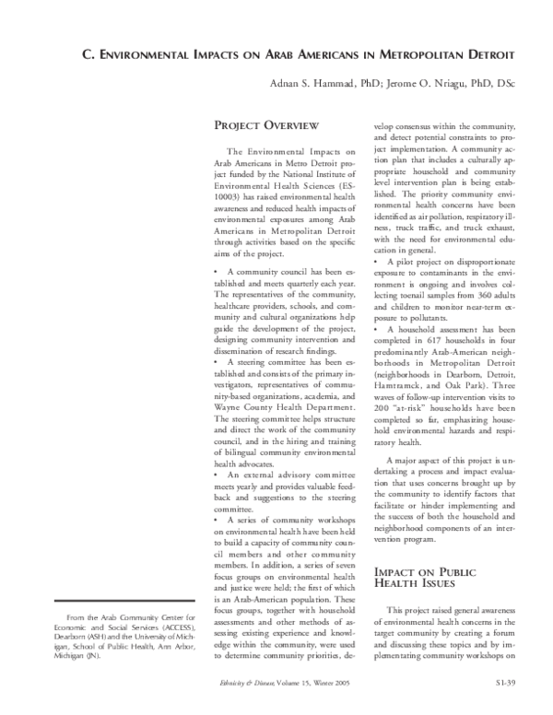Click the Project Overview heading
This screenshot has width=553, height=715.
(266, 124)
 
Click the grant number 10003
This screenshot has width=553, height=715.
(229, 195)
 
